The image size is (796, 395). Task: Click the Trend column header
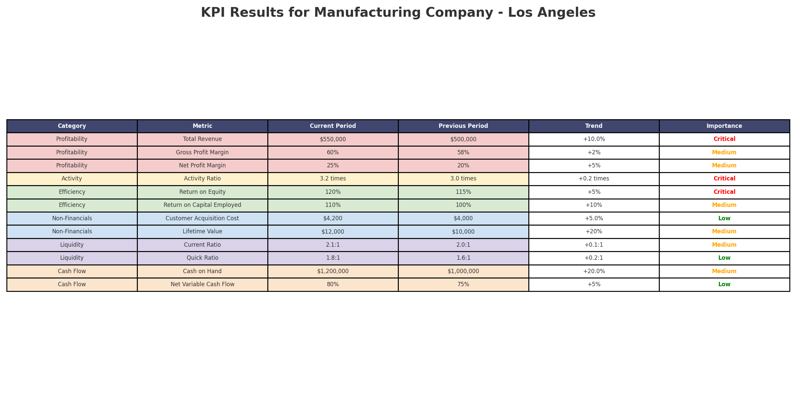(594, 126)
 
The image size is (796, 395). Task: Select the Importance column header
(724, 126)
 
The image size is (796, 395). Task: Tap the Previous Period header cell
(463, 126)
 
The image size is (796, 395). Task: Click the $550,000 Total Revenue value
(333, 139)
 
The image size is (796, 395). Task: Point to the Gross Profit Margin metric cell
(202, 152)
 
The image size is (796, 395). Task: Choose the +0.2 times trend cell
(594, 179)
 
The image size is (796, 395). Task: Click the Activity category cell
(72, 179)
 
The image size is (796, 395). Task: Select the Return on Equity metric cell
(202, 192)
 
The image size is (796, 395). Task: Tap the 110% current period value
(333, 205)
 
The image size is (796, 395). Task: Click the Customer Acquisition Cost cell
(202, 218)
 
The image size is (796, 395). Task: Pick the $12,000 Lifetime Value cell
(333, 232)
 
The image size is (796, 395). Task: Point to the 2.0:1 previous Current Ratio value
(463, 245)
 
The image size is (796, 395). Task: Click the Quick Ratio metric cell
(202, 258)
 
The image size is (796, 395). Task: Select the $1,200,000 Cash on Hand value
(333, 271)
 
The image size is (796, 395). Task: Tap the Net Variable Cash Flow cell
(202, 285)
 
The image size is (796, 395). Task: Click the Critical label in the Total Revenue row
(724, 139)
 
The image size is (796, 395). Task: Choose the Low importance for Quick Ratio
(724, 258)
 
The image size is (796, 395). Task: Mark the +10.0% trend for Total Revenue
(594, 139)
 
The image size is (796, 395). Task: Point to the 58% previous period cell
(463, 152)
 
